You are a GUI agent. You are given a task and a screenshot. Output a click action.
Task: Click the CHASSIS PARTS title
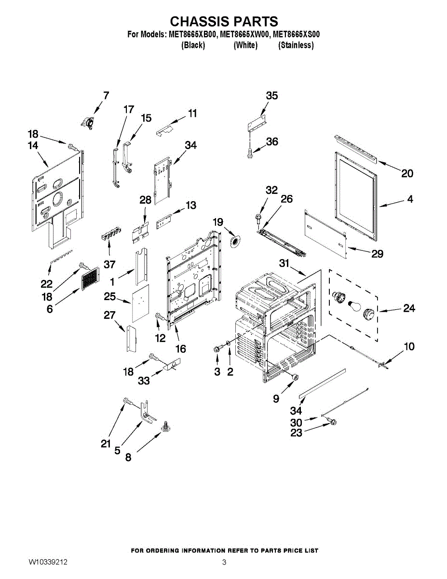tap(224, 21)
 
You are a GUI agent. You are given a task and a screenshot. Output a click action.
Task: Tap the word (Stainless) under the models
tap(296, 45)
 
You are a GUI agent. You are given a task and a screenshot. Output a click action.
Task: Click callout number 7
tap(106, 96)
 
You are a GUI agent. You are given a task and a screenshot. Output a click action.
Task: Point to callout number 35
tap(272, 96)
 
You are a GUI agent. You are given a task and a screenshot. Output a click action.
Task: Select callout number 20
tap(407, 174)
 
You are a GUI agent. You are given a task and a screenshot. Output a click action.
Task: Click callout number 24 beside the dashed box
tap(409, 308)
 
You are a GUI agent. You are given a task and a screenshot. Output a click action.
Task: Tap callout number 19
tap(218, 222)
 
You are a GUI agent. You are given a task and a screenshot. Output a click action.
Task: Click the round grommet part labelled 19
tap(235, 241)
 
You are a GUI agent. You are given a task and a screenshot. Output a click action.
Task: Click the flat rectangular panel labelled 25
tap(140, 303)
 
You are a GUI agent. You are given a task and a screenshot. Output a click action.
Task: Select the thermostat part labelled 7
tap(87, 123)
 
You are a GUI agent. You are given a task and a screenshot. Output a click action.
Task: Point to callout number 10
tap(409, 346)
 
